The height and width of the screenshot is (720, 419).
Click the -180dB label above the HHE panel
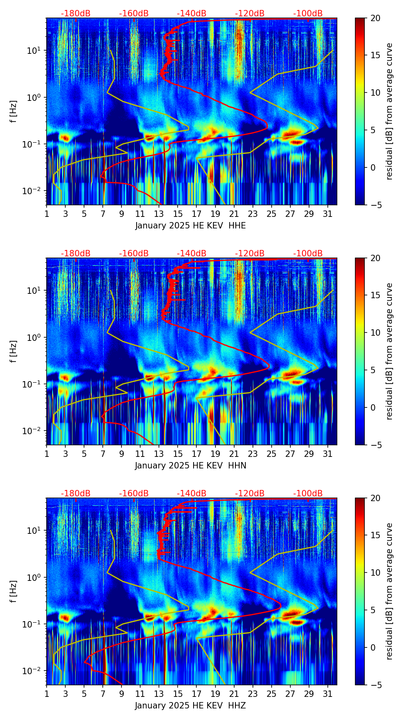pyautogui.click(x=76, y=14)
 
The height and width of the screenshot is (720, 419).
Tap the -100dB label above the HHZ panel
pyautogui.click(x=308, y=494)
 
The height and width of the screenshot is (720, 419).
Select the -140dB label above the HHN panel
pyautogui.click(x=192, y=254)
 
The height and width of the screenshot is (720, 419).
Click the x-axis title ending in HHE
pyautogui.click(x=190, y=226)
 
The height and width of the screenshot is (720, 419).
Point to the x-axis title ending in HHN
pyautogui.click(x=190, y=466)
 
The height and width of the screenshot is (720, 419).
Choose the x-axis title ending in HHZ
pyautogui.click(x=190, y=706)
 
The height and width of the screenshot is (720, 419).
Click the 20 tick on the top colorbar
pyautogui.click(x=375, y=18)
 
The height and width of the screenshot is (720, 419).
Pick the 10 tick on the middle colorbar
pyautogui.click(x=375, y=332)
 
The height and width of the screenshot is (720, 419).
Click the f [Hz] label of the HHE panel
pyautogui.click(x=14, y=111)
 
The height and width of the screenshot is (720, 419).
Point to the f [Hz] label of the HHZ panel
pyautogui.click(x=14, y=591)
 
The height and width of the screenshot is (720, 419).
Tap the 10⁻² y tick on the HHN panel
pyautogui.click(x=35, y=431)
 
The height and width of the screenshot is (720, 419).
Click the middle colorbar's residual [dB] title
pyautogui.click(x=389, y=351)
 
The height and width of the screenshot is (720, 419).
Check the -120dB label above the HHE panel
pyautogui.click(x=250, y=14)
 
